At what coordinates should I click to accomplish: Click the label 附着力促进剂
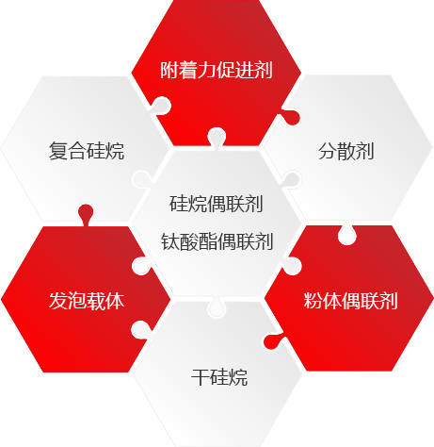pyautogui.click(x=217, y=70)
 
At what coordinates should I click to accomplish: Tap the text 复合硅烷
pyautogui.click(x=87, y=151)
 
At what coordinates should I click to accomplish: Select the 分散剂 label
pyautogui.click(x=346, y=151)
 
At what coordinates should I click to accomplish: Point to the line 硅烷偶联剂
pyautogui.click(x=217, y=204)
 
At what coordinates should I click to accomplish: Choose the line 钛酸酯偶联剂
pyautogui.click(x=217, y=241)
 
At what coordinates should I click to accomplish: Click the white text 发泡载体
pyautogui.click(x=87, y=301)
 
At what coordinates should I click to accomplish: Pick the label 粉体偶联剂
pyautogui.click(x=350, y=301)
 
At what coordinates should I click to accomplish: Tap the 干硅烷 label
pyautogui.click(x=219, y=377)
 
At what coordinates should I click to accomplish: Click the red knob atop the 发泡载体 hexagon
pyautogui.click(x=86, y=213)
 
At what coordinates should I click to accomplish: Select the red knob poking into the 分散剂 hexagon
pyautogui.click(x=291, y=117)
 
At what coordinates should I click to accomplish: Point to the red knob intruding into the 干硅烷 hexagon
pyautogui.click(x=273, y=342)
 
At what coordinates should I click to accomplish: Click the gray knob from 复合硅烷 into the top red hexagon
pyautogui.click(x=161, y=106)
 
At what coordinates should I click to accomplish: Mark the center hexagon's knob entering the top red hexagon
pyautogui.click(x=217, y=137)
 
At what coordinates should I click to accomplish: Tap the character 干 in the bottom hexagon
pyautogui.click(x=201, y=377)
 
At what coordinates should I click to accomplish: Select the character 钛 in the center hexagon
pyautogui.click(x=170, y=241)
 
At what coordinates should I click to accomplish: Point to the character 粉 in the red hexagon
pyautogui.click(x=313, y=301)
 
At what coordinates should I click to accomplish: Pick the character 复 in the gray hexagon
pyautogui.click(x=58, y=151)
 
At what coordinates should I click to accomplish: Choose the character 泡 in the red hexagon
pyautogui.click(x=77, y=301)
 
